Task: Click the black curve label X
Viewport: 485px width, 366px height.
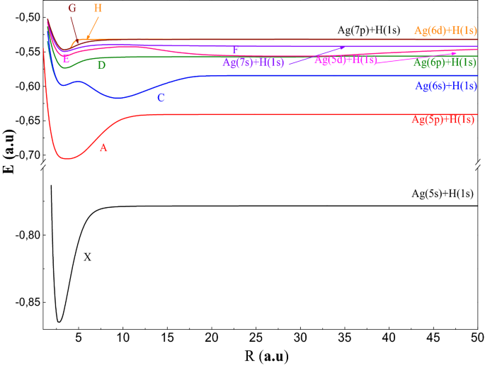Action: coord(88,257)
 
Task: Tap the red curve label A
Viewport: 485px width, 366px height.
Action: coord(103,148)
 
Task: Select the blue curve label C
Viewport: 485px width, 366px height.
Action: coord(161,98)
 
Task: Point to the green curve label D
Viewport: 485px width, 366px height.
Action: coord(102,65)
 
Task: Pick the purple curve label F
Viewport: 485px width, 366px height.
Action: coord(235,50)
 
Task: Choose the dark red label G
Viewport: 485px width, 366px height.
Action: coord(72,8)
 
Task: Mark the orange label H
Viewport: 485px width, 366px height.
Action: coord(98,8)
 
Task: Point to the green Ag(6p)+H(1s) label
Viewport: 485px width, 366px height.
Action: coord(445,62)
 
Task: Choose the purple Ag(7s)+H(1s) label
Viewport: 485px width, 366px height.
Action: coord(253,62)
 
